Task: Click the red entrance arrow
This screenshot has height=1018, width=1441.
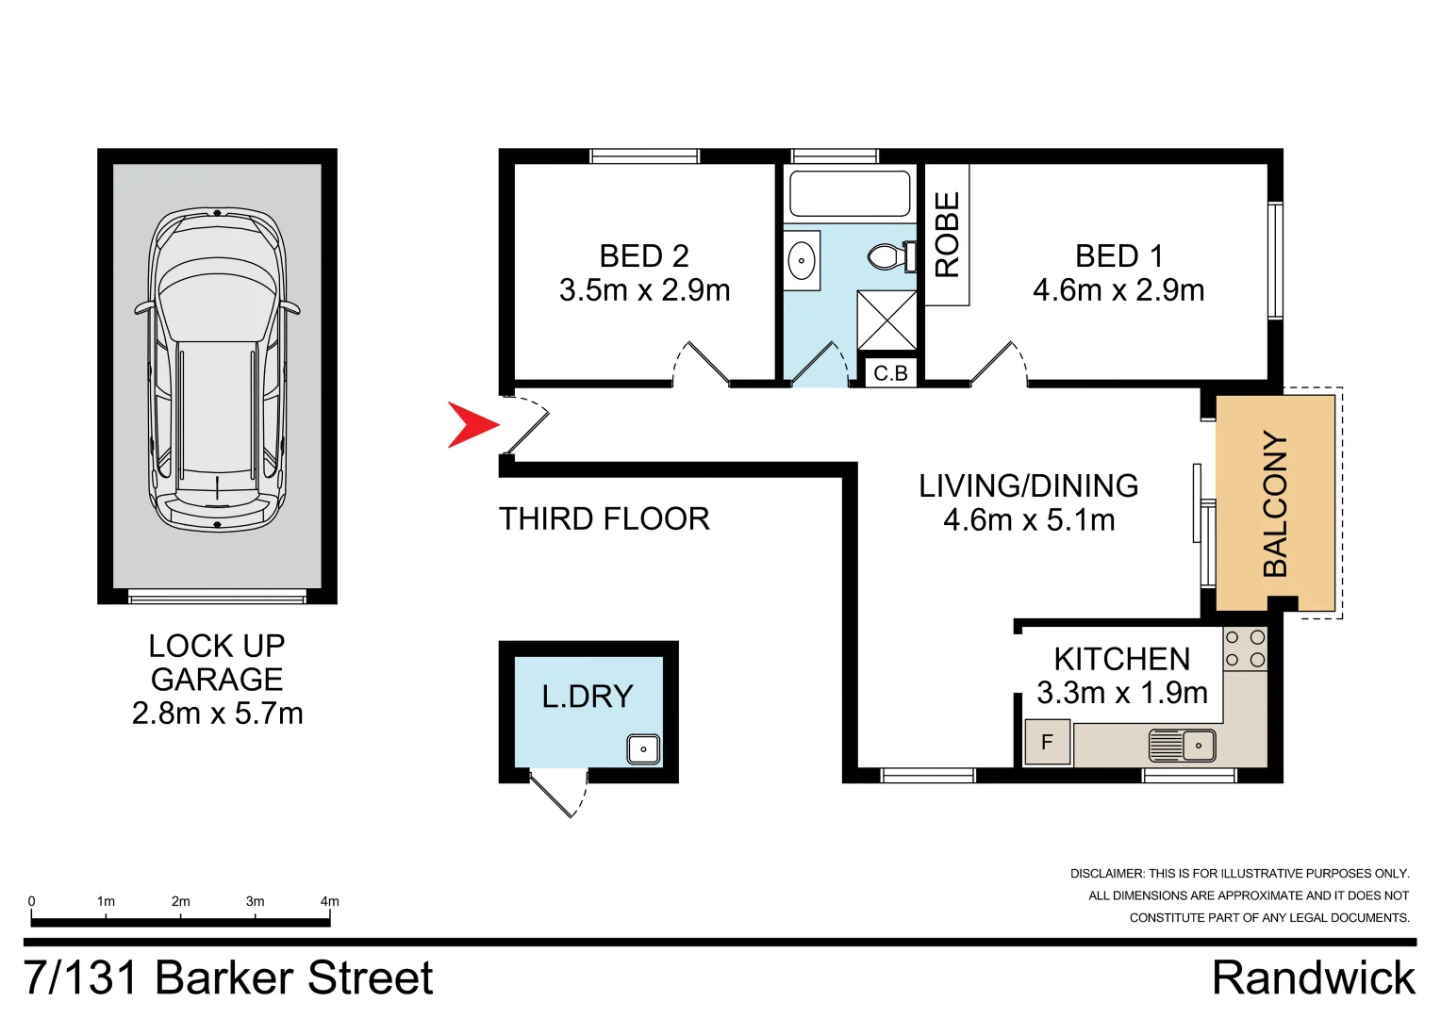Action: coord(471,424)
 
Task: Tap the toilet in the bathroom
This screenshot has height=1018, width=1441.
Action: coord(891,256)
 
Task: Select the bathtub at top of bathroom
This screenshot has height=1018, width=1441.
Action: coord(850,193)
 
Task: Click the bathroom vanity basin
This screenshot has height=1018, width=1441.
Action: coord(803,260)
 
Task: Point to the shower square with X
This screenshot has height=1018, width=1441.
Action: coord(886,320)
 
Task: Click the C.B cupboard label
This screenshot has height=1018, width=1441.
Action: coord(890,373)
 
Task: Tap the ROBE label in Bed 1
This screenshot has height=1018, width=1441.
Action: coord(947,235)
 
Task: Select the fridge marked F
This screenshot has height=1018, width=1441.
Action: coord(1047,743)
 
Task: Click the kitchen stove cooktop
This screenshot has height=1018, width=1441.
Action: coord(1245,649)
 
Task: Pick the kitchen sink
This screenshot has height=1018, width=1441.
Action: coord(1183,745)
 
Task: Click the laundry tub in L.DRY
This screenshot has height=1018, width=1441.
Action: coord(643,749)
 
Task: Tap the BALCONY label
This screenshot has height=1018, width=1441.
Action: coord(1275,504)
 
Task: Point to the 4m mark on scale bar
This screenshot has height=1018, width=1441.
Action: coord(329,902)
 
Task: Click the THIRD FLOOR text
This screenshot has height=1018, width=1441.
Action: coord(604,519)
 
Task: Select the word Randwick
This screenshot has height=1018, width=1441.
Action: coord(1313,977)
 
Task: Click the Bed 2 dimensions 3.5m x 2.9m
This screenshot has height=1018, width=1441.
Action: coord(644,290)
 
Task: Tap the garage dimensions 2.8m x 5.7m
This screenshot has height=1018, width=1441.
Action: coord(217,714)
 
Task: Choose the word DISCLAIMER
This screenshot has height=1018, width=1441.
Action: coord(1106,874)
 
